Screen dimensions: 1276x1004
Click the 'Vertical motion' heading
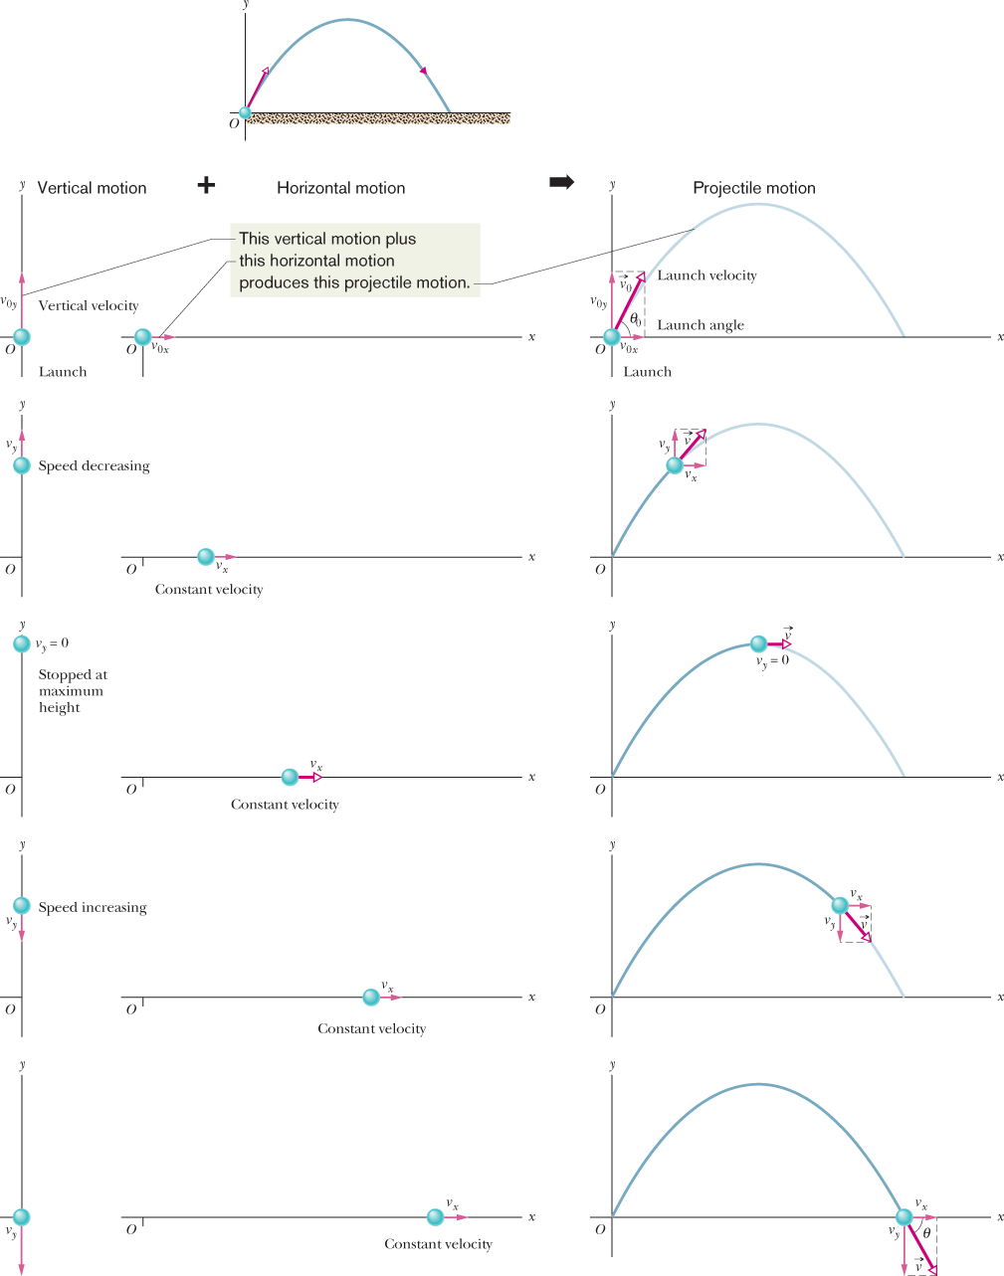click(x=92, y=188)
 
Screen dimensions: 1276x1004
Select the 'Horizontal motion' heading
click(x=340, y=188)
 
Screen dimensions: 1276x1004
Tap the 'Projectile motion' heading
click(x=753, y=188)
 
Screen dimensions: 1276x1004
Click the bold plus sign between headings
click(x=206, y=185)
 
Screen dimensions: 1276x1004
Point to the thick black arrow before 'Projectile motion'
click(x=562, y=182)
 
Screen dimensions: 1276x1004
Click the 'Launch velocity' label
click(x=706, y=275)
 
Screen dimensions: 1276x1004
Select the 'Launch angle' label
click(x=701, y=325)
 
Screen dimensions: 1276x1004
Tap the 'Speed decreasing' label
click(x=95, y=465)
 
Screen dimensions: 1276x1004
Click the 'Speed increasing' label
click(x=93, y=907)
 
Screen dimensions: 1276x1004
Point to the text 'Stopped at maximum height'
click(x=72, y=691)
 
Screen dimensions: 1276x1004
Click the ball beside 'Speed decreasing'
click(x=22, y=465)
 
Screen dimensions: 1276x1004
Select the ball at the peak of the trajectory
click(x=758, y=643)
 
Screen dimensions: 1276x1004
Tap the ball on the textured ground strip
click(x=245, y=113)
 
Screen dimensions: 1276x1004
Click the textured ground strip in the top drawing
click(x=378, y=119)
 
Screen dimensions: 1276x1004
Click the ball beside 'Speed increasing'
click(x=22, y=906)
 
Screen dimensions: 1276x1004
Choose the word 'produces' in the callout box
click(x=270, y=282)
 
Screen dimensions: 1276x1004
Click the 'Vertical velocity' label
click(x=89, y=305)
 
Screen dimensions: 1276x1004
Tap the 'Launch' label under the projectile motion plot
click(x=647, y=372)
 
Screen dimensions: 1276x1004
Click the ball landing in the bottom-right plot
click(x=904, y=1217)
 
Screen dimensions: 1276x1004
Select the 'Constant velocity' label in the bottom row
click(x=438, y=1244)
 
